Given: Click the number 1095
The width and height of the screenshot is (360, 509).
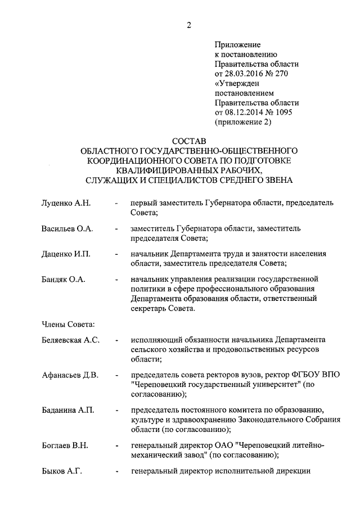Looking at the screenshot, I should pyautogui.click(x=287, y=112).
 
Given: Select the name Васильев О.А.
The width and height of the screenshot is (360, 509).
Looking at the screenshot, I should pyautogui.click(x=67, y=229).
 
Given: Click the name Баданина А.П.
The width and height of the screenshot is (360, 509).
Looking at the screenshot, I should pyautogui.click(x=67, y=411).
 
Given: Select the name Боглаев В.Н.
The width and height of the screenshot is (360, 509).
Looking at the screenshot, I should pyautogui.click(x=65, y=446).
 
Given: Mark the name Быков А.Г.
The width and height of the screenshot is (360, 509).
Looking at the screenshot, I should pyautogui.click(x=62, y=471).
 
